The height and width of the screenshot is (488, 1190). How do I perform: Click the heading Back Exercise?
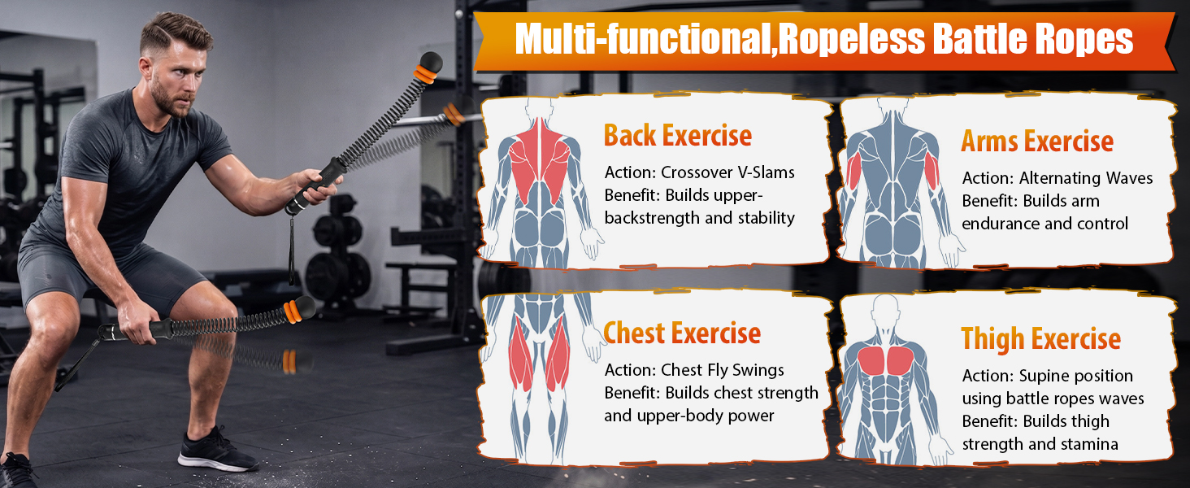pos(678,136)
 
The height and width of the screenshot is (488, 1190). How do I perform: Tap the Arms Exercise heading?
pos(1037,142)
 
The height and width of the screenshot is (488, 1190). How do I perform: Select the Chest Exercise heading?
pos(682,333)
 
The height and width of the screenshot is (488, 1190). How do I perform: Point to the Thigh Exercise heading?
pos(1040,339)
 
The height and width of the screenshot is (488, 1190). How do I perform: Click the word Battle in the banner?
pos(979,38)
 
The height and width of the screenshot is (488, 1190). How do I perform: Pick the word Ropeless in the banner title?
pos(852,39)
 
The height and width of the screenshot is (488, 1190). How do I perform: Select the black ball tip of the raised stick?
pos(431,62)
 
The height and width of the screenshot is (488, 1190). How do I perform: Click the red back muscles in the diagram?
pos(539,159)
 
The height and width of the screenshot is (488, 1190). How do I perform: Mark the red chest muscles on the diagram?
pos(886,360)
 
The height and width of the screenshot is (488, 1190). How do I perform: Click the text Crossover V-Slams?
pos(727,172)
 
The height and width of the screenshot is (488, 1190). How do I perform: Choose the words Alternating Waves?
pos(1086,178)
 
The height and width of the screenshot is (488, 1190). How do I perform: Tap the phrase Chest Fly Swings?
pos(723,370)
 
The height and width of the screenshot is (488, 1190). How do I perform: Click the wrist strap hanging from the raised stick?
pos(291,247)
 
